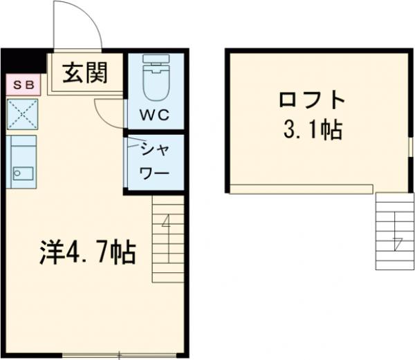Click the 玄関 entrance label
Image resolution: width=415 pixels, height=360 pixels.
pos(86,72)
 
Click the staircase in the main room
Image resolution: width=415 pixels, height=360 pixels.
pos(168,238)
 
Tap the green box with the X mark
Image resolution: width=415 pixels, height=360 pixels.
pos(22,114)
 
